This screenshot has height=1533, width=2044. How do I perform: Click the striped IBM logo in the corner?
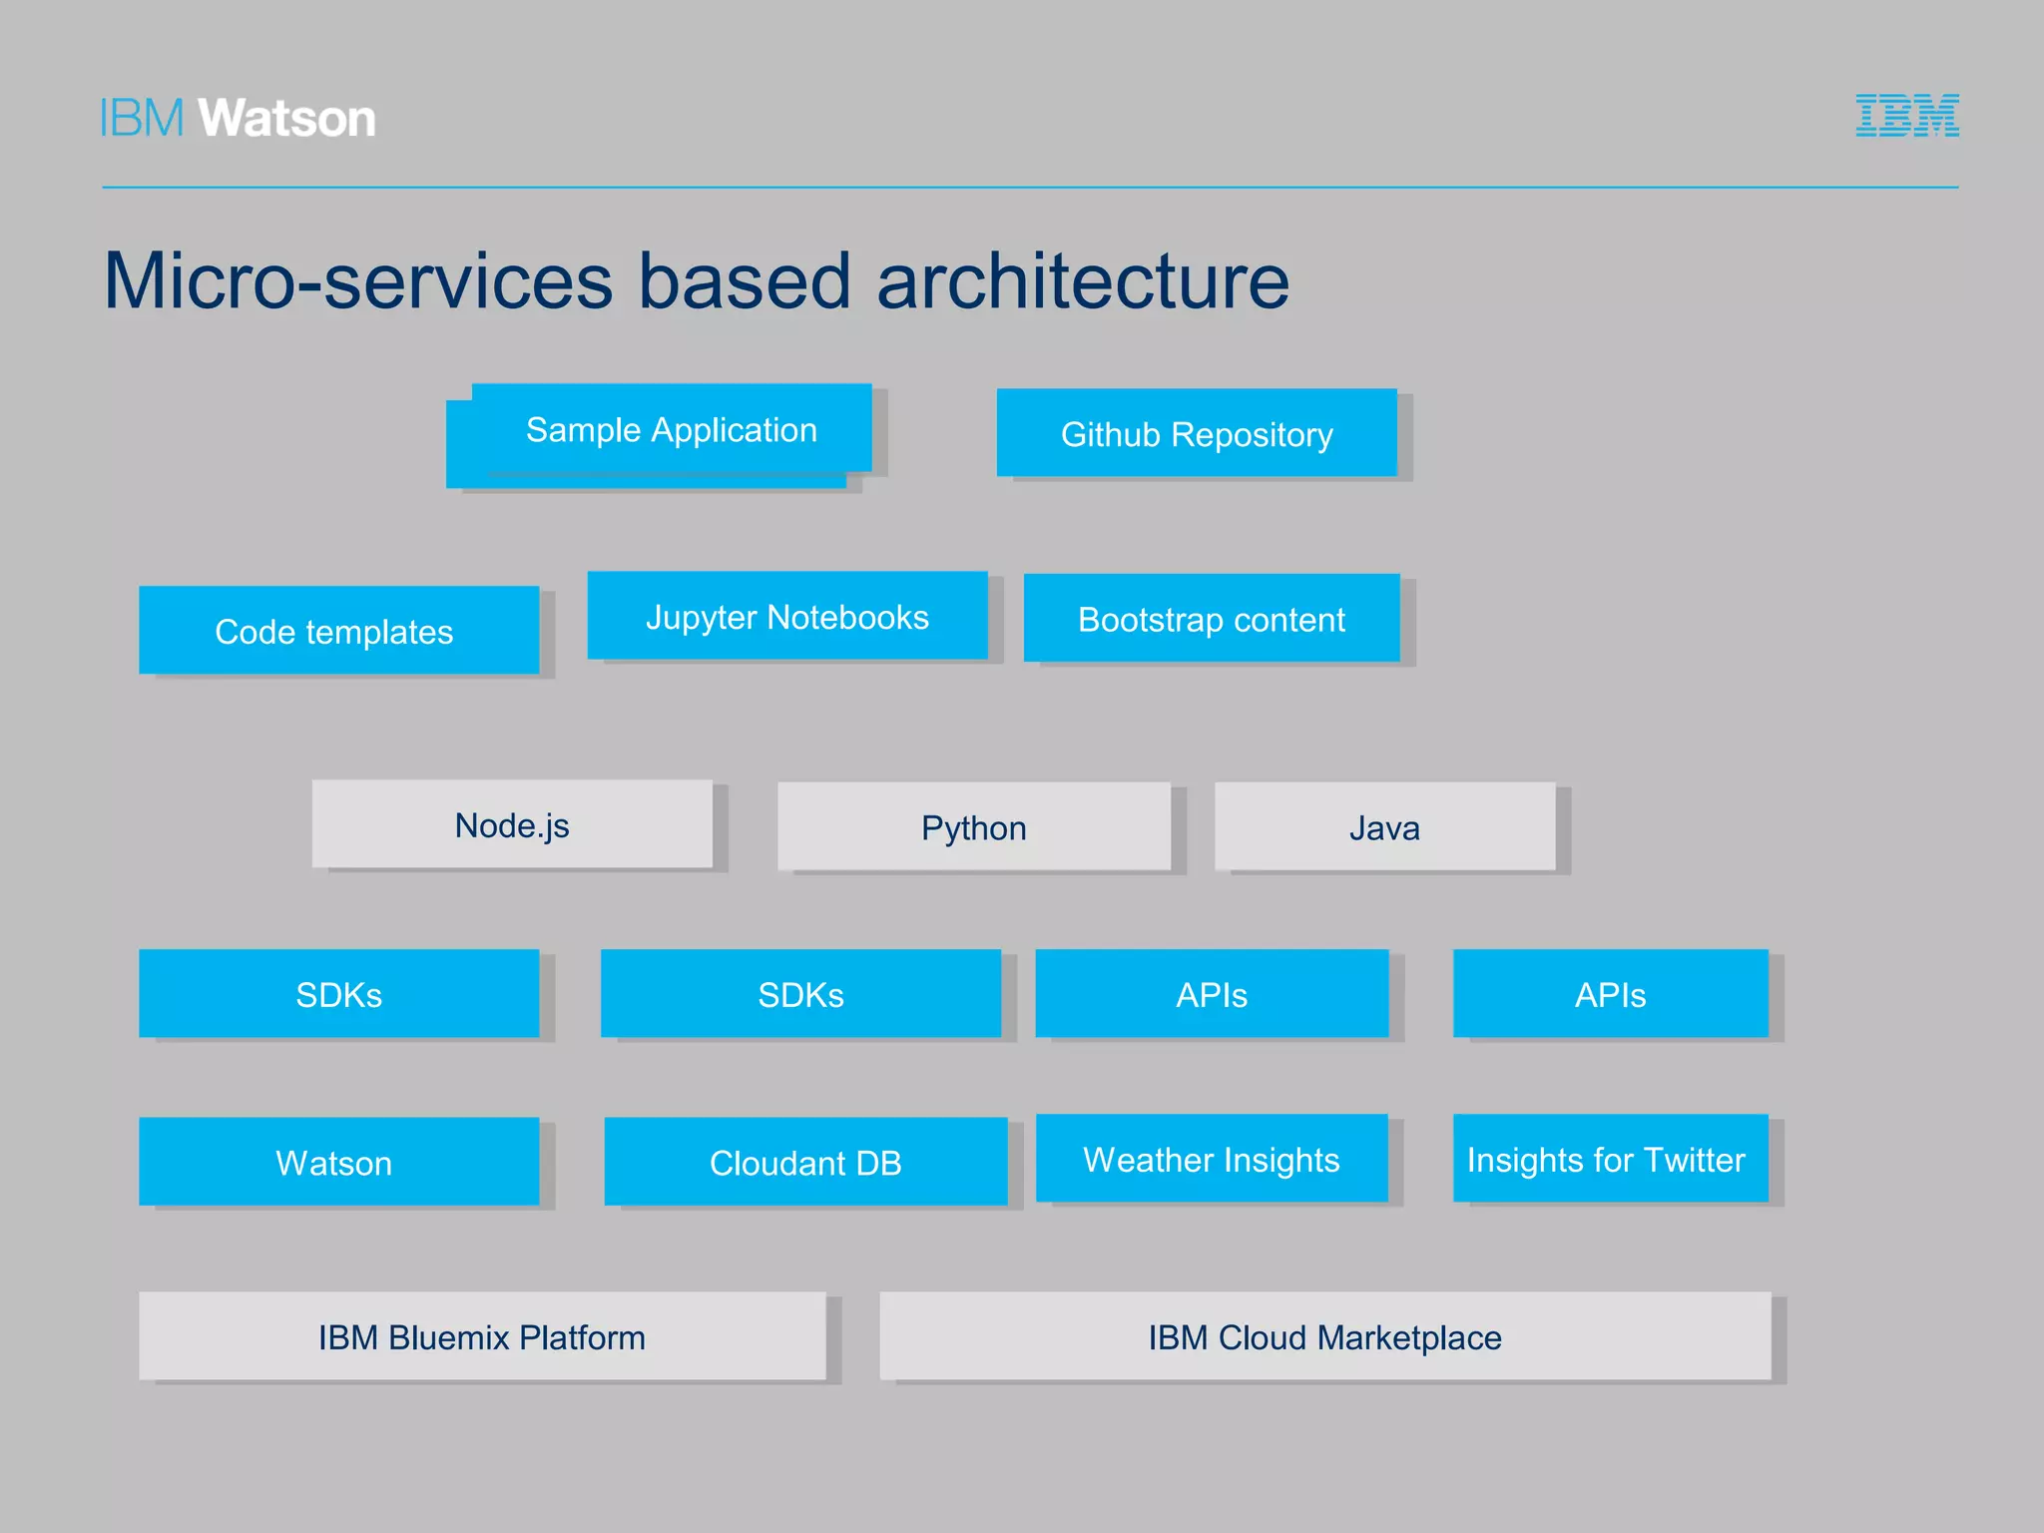(1906, 116)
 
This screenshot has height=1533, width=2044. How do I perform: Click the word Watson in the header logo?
(287, 119)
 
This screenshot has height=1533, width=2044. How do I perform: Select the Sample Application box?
(671, 429)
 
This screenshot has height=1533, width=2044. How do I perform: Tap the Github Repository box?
(1196, 433)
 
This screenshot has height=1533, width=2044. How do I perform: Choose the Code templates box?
(338, 631)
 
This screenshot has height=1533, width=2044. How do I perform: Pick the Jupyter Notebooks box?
(786, 616)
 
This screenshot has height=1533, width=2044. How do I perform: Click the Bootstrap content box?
(1211, 619)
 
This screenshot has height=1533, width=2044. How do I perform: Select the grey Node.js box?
(512, 824)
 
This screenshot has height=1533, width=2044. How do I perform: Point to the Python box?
(973, 827)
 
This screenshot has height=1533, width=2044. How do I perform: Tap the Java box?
(1384, 827)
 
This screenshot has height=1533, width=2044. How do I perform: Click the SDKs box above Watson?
(338, 994)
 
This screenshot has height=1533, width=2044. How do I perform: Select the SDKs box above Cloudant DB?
(800, 994)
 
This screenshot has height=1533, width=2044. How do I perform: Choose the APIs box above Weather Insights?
(1211, 994)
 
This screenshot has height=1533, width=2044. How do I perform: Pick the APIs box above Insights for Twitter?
(1610, 994)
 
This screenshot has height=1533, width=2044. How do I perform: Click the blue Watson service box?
(338, 1162)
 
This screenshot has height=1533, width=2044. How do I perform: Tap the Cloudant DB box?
(804, 1162)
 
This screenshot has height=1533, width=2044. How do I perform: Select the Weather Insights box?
(1211, 1159)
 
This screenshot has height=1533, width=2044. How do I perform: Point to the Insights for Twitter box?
(1610, 1159)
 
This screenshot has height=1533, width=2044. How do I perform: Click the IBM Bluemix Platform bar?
(482, 1336)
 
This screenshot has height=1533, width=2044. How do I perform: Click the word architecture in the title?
(1083, 281)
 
